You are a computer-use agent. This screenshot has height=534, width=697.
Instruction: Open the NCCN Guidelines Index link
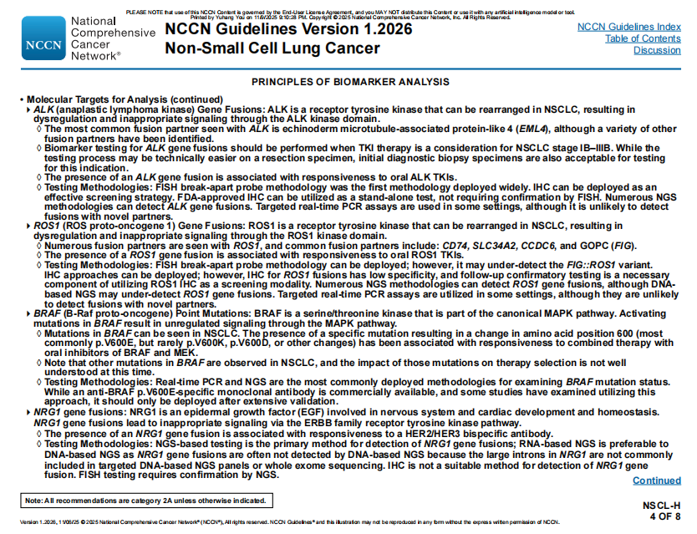(x=628, y=28)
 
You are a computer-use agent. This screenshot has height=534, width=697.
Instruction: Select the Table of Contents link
(x=643, y=38)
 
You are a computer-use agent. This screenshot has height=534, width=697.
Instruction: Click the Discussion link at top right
(x=657, y=50)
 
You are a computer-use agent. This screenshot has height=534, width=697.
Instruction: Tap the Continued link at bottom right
(x=656, y=481)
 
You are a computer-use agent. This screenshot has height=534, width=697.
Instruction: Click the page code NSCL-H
(x=662, y=506)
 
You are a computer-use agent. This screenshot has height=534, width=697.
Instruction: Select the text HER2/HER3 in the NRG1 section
(x=450, y=435)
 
